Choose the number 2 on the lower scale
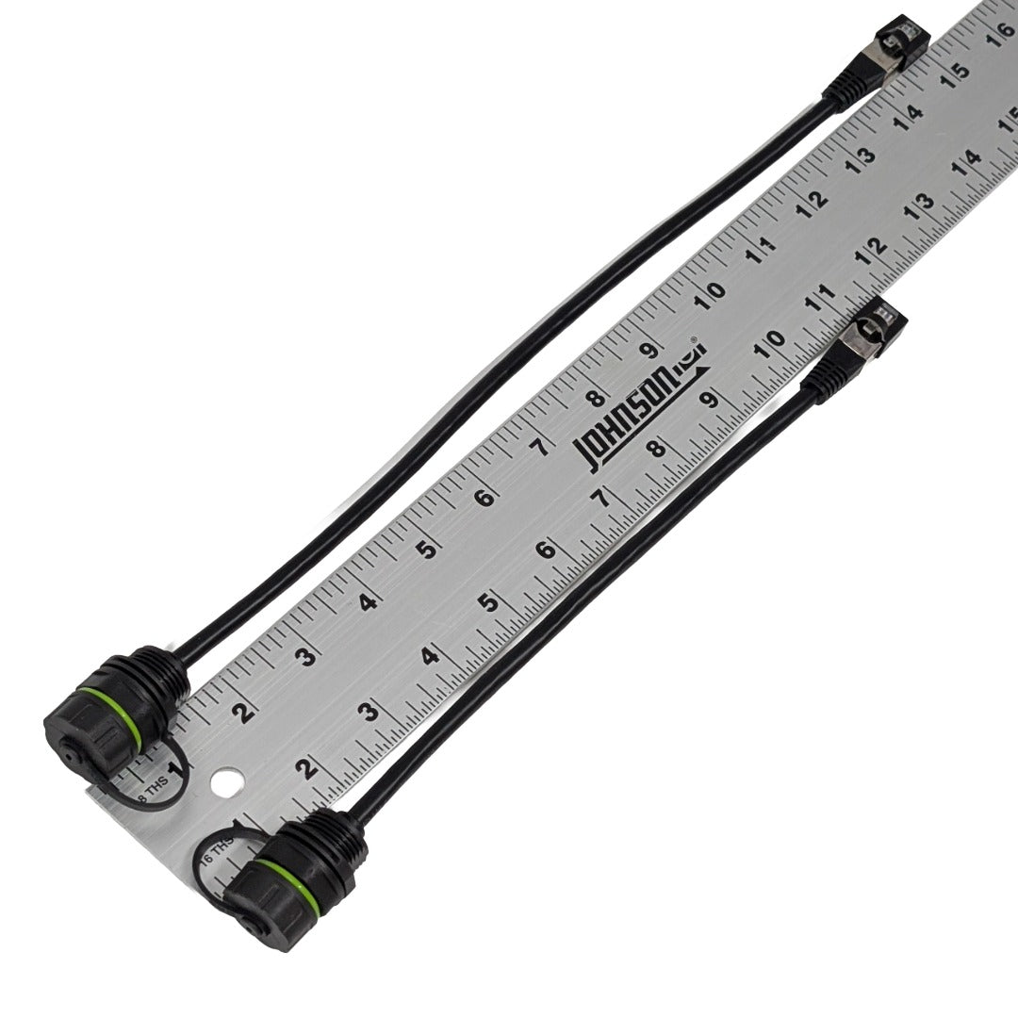[304, 768]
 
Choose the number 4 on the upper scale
[367, 600]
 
